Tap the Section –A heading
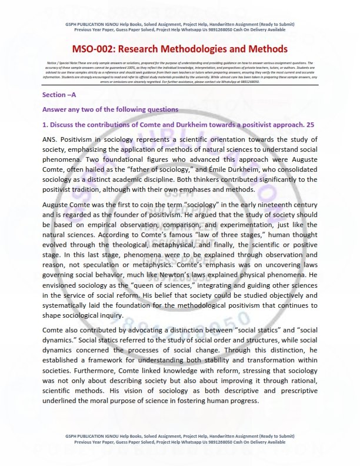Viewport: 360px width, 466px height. tap(59, 95)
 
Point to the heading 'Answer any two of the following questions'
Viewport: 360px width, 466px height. tap(110, 109)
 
